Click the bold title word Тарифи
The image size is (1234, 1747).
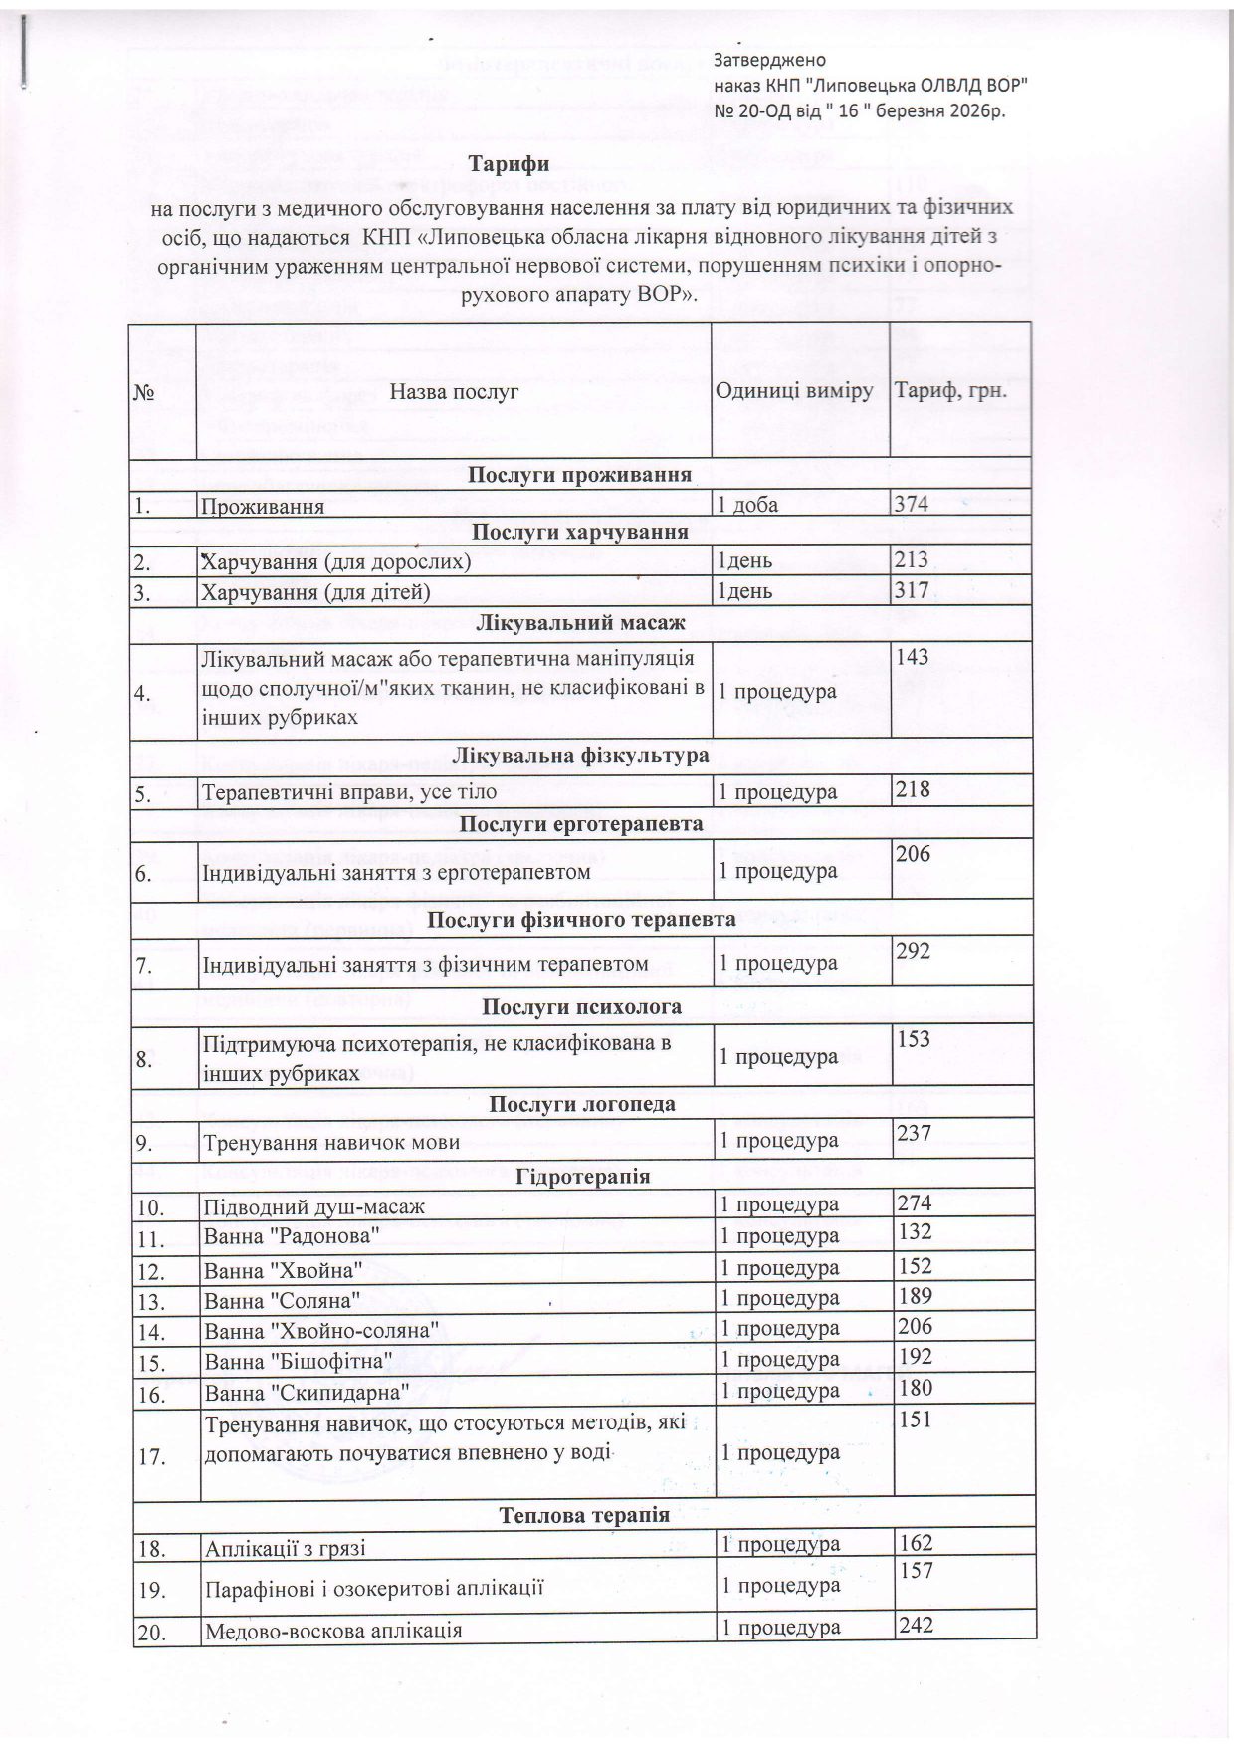click(x=512, y=163)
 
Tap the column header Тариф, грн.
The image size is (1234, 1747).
click(x=951, y=390)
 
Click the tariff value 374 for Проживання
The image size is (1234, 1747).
click(x=912, y=504)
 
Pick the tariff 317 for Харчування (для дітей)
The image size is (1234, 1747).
click(x=912, y=591)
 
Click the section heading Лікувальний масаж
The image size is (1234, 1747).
click(x=580, y=624)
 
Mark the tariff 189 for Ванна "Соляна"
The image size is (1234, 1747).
click(x=914, y=1295)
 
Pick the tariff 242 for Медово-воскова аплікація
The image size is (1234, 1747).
click(x=915, y=1626)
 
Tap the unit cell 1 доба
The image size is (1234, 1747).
click(x=748, y=505)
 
